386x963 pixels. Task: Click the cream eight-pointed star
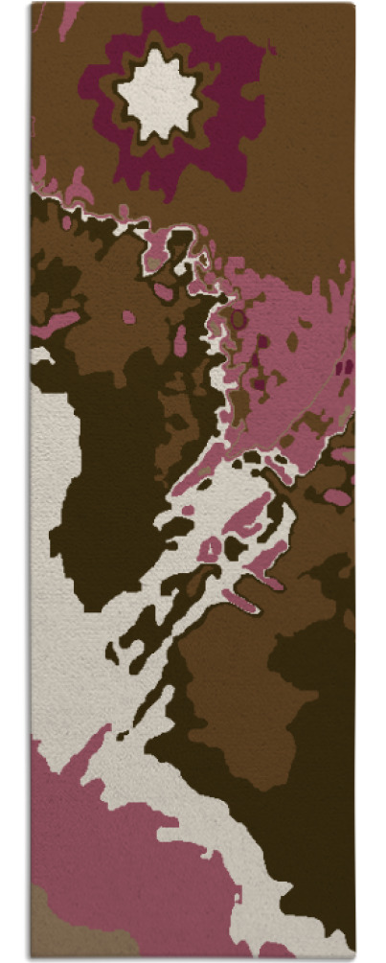[158, 93]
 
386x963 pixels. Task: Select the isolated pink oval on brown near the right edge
[337, 497]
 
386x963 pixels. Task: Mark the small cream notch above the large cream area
[40, 355]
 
